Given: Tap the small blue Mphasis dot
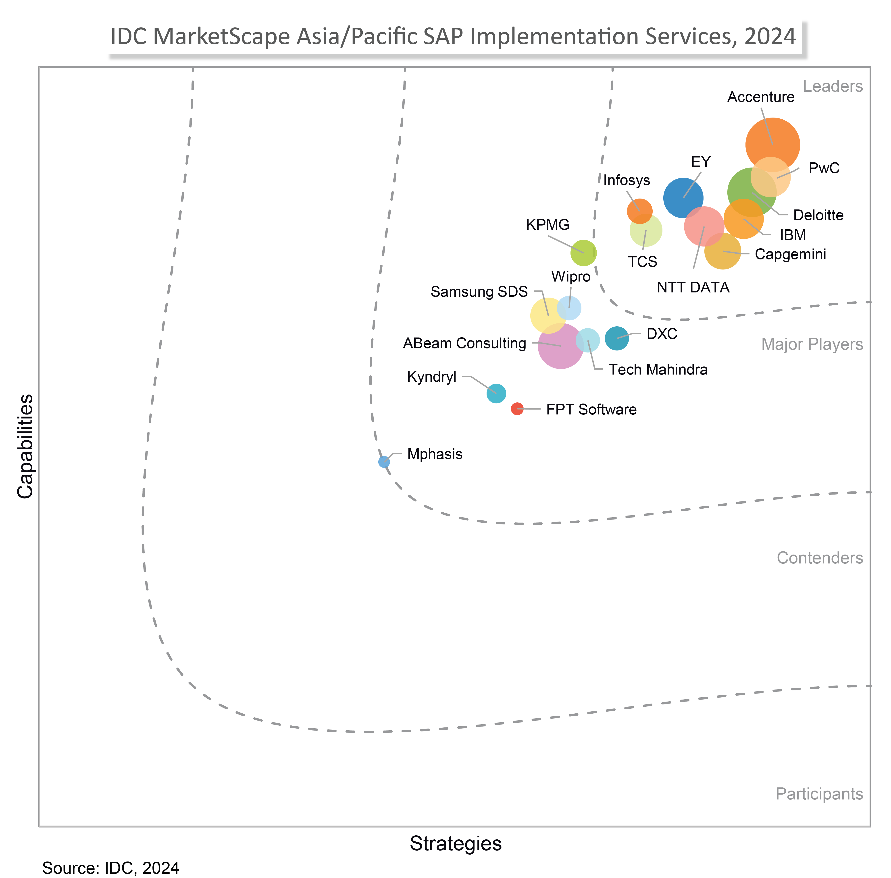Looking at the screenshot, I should tap(384, 461).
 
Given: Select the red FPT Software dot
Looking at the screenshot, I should tap(517, 408).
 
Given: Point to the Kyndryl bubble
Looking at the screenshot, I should tap(496, 393).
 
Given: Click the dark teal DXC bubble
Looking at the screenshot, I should tap(617, 338).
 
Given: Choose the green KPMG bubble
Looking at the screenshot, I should tap(583, 253).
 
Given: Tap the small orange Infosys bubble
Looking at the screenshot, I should tap(640, 211).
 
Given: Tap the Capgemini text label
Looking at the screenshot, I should tap(790, 254).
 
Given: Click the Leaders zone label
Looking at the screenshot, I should tap(833, 86).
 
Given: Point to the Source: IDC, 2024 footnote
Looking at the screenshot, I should tap(111, 868).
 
